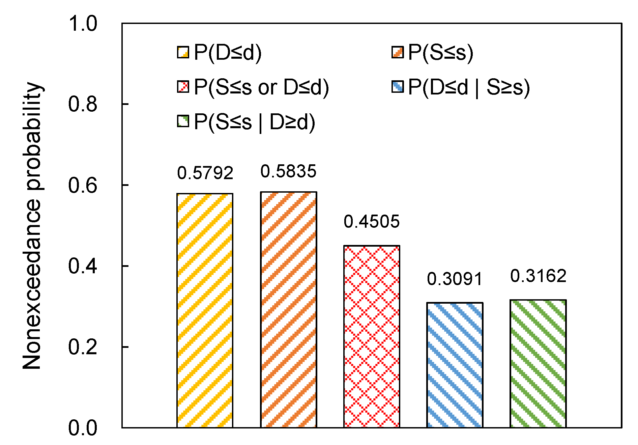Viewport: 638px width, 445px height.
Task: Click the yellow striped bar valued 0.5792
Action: coord(205,310)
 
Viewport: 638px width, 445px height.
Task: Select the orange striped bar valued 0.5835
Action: coord(288,310)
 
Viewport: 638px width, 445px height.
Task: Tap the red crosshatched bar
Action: coord(372,336)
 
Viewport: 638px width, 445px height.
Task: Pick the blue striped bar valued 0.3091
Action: coord(455,365)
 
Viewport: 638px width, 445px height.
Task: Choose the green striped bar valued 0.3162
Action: coord(538,364)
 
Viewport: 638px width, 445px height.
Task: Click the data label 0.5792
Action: coord(205,173)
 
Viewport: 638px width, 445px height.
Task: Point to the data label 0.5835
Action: coord(288,171)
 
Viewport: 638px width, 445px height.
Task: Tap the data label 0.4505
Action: coord(372,222)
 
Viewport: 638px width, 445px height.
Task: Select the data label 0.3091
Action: coord(455,279)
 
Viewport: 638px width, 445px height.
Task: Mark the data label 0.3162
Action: coord(538,276)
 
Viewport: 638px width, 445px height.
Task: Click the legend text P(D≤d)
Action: coord(228,53)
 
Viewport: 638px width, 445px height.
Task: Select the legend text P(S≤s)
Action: coord(440,53)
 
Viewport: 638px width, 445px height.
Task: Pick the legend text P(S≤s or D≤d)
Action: coord(261,87)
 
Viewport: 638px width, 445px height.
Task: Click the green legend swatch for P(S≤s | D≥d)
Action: coord(183,121)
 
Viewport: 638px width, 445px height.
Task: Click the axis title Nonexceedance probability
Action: coord(32,225)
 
